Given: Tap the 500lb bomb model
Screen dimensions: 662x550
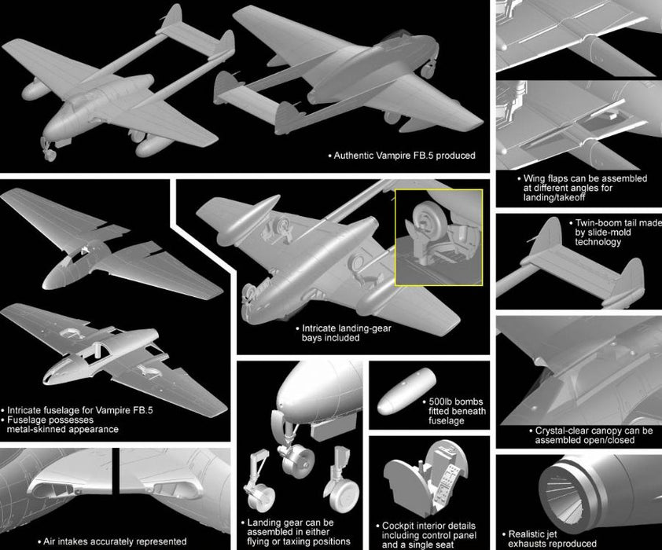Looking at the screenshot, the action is click(x=406, y=390).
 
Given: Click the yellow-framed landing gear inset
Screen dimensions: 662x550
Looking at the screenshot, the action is click(x=439, y=237).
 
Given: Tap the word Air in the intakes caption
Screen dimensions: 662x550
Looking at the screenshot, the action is click(x=50, y=541).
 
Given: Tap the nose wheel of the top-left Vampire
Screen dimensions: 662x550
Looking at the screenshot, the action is click(x=50, y=155).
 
